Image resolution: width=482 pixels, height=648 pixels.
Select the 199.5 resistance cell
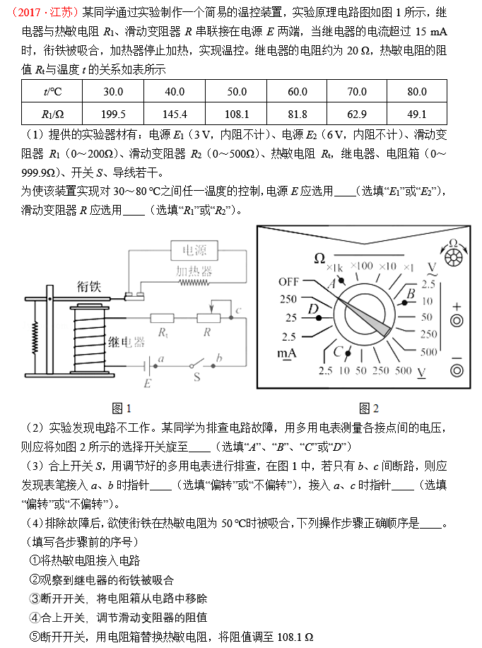[x=113, y=114]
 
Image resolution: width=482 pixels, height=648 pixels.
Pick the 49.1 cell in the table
[x=417, y=114]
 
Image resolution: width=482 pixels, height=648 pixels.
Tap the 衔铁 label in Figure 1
[x=89, y=286]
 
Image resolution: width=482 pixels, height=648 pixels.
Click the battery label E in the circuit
[x=147, y=384]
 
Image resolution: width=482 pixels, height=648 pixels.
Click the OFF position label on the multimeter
[x=288, y=282]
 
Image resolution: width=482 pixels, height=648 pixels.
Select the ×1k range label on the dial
[x=334, y=267]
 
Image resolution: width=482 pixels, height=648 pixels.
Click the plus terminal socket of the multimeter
[x=457, y=321]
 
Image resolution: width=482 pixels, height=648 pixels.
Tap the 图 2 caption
[x=368, y=408]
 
